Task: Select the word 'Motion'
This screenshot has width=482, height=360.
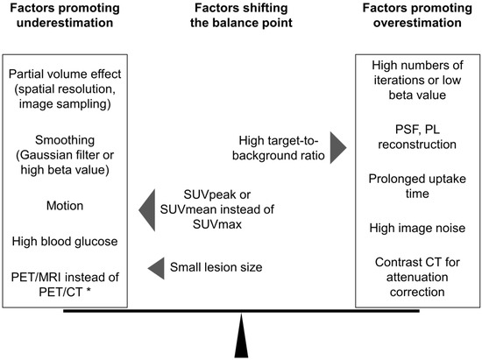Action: point(67,208)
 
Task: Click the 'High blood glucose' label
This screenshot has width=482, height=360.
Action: point(67,239)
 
